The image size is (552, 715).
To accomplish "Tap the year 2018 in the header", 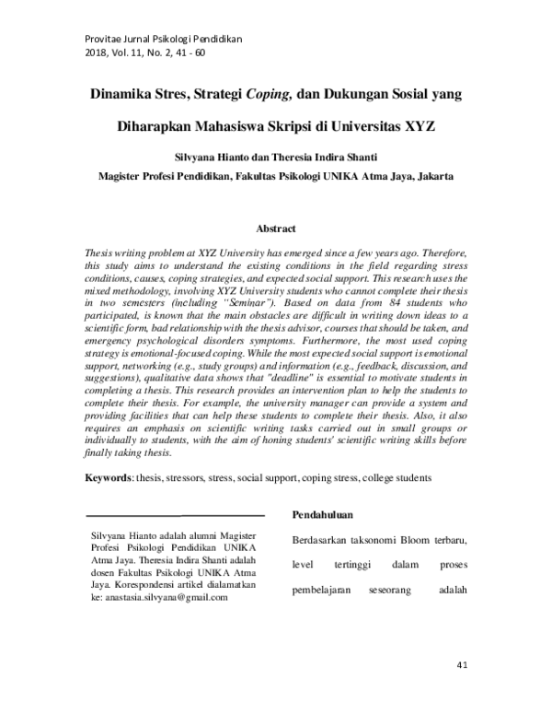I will click(97, 54).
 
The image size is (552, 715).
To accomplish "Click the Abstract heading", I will click(276, 229).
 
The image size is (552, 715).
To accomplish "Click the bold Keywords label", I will click(109, 479).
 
